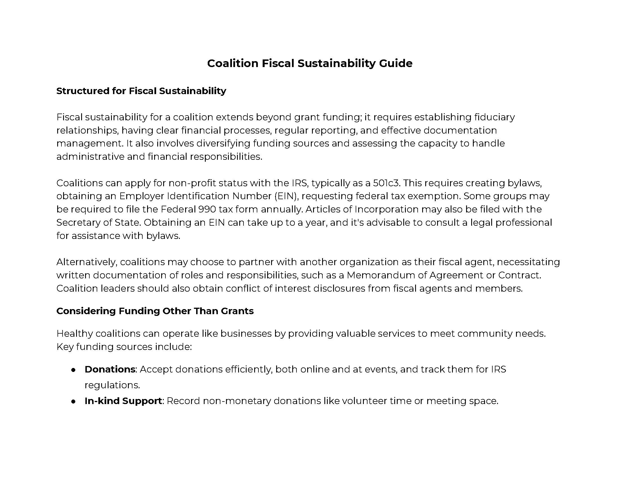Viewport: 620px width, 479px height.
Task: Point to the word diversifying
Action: (x=223, y=143)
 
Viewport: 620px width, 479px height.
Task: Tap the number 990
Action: (x=206, y=209)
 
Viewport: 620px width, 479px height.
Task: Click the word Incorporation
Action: (x=386, y=209)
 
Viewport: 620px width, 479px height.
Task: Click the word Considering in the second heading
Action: (x=86, y=311)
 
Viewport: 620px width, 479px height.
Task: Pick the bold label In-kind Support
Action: (x=123, y=401)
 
